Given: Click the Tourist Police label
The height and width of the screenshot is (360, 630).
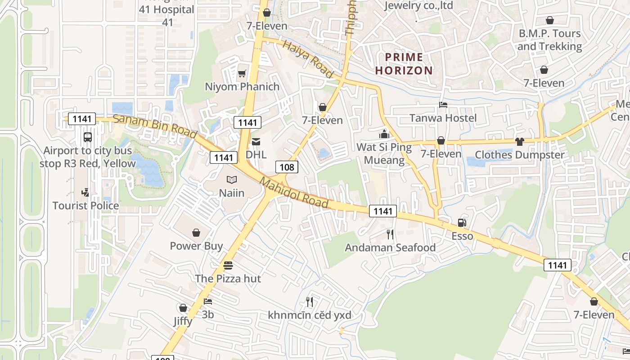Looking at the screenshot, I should click(85, 206).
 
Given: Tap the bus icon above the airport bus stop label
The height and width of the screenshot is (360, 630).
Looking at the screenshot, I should click(88, 137).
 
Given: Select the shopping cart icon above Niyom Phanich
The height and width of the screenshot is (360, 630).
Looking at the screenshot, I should click(242, 73).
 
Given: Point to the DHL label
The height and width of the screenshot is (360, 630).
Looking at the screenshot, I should click(256, 154).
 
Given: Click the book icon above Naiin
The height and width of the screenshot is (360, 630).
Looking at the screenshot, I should click(232, 180).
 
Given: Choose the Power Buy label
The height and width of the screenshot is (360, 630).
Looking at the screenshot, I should click(196, 246).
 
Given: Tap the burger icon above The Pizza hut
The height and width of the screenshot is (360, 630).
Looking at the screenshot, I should click(228, 265).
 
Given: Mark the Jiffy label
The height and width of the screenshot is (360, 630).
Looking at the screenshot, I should click(183, 321).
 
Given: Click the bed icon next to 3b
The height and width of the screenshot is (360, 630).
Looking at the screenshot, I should click(207, 301).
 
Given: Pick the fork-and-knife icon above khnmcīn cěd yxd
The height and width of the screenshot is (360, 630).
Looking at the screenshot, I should click(309, 301).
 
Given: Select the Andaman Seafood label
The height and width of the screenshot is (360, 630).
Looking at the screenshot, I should click(390, 247).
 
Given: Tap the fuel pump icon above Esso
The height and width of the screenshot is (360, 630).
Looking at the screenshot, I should click(462, 223).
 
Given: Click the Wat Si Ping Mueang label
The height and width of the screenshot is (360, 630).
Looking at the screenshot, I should click(384, 153).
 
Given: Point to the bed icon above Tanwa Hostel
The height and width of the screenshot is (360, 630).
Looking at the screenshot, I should click(443, 105).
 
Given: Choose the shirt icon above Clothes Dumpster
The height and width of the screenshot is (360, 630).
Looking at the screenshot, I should click(520, 142).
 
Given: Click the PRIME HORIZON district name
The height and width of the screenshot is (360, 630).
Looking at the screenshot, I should click(404, 63).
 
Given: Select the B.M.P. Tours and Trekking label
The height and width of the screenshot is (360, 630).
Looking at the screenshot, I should click(549, 40).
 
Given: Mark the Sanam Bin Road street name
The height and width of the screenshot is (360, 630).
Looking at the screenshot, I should click(155, 127).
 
